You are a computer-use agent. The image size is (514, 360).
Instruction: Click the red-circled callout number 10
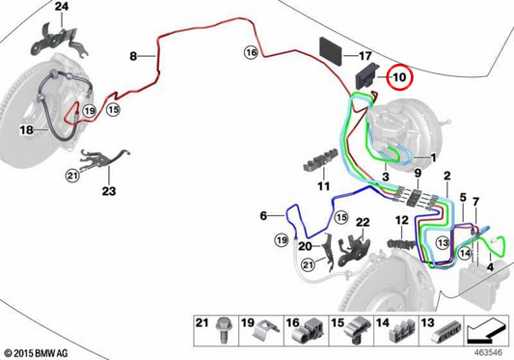coord(399,77)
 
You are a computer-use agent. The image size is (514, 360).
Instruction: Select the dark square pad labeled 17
coord(331,50)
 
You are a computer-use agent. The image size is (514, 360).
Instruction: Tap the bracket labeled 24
coord(59,42)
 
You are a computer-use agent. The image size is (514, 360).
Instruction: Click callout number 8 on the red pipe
coord(133,56)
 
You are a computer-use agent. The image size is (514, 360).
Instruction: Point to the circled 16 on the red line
coord(251,52)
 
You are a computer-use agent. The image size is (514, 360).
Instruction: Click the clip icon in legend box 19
coord(266,331)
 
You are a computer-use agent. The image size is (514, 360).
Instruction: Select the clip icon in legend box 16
coord(311,331)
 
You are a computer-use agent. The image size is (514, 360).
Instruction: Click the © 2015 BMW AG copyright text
coord(37,353)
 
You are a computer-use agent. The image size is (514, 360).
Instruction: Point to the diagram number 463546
coord(488,353)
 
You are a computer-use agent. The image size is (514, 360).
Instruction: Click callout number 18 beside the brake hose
coord(27,130)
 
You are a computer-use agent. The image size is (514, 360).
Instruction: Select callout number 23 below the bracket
coord(109,191)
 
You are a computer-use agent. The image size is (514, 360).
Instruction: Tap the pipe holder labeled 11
coord(320,160)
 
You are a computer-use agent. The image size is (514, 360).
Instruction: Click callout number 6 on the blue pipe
coord(263,215)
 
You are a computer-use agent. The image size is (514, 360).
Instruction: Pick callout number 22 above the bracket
coord(363,222)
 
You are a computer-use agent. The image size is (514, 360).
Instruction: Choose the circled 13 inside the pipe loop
coord(443,243)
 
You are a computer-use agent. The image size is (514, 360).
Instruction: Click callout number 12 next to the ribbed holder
coord(402,220)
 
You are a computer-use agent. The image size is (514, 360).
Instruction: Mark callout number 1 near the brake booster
coord(433,158)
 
